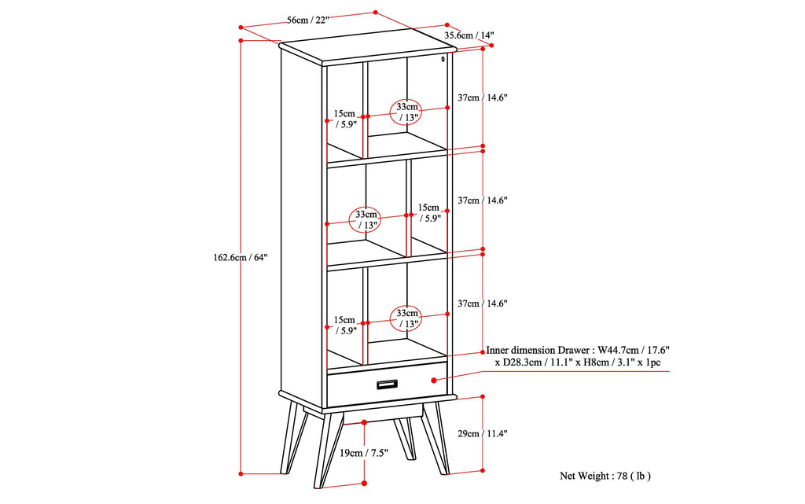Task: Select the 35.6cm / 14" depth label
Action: click(469, 35)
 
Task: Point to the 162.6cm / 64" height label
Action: click(241, 257)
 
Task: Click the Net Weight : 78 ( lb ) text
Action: click(605, 476)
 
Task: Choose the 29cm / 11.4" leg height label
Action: click(483, 433)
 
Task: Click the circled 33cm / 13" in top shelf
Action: click(407, 112)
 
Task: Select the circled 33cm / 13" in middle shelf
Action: click(367, 219)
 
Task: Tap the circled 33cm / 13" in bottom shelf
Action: click(407, 318)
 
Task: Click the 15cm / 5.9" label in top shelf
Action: click(345, 118)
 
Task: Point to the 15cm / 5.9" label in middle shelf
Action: click(429, 213)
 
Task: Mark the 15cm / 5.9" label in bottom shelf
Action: click(345, 326)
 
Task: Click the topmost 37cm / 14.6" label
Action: click(483, 97)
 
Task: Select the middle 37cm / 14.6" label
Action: click(483, 200)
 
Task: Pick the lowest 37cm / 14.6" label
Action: click(483, 304)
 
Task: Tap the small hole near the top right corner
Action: click(443, 58)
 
